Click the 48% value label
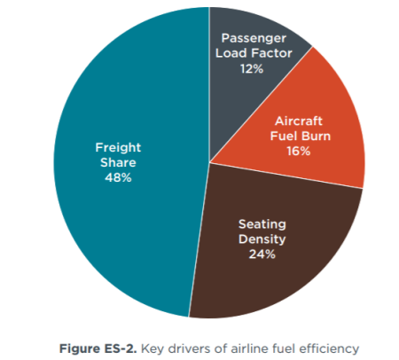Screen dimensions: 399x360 pos(118,178)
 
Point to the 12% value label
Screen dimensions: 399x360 pos(252,69)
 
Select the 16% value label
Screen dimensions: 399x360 pos(299,152)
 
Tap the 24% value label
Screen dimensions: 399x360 pos(262,254)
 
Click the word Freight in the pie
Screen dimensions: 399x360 pos(118,148)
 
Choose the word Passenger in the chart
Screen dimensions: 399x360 pos(254,38)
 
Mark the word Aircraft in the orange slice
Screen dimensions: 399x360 pos(299,121)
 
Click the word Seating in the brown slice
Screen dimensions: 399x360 pos(262,224)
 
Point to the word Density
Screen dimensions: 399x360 pos(262,239)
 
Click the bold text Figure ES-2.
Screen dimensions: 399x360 pos(98,348)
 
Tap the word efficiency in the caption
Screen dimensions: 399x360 pos(329,349)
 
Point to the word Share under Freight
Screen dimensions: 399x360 pos(118,163)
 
